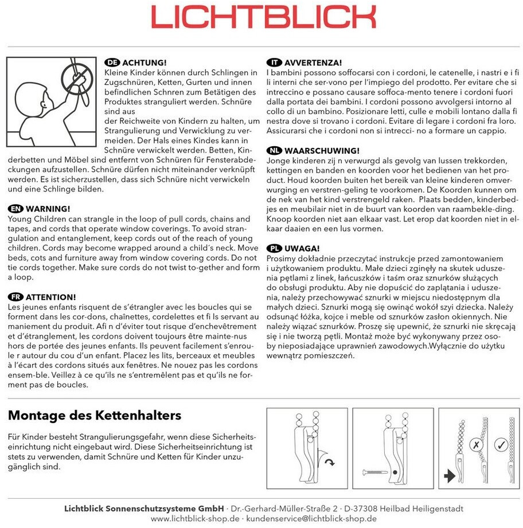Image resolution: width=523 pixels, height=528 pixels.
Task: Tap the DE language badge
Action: tap(112, 62)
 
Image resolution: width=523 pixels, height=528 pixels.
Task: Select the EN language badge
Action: tap(16, 208)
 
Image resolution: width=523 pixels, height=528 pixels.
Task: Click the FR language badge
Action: tap(16, 297)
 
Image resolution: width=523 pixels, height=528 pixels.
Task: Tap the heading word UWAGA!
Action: tap(302, 248)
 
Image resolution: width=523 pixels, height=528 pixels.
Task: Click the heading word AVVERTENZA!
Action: tap(313, 62)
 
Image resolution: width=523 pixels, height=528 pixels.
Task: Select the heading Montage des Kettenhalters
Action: tap(95, 415)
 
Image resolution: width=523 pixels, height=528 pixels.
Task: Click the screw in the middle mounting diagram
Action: tap(373, 472)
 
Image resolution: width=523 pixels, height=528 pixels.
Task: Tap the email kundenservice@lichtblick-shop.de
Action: tap(310, 518)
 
